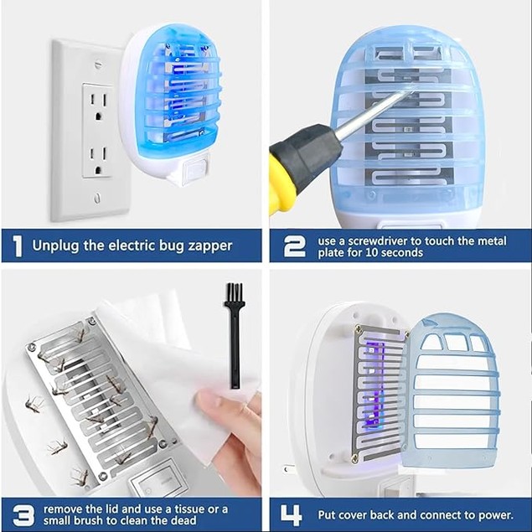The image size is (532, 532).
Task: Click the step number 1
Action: (x=17, y=246)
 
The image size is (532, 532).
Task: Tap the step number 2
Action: (x=294, y=245)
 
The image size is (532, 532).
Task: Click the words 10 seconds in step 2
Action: (x=393, y=253)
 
